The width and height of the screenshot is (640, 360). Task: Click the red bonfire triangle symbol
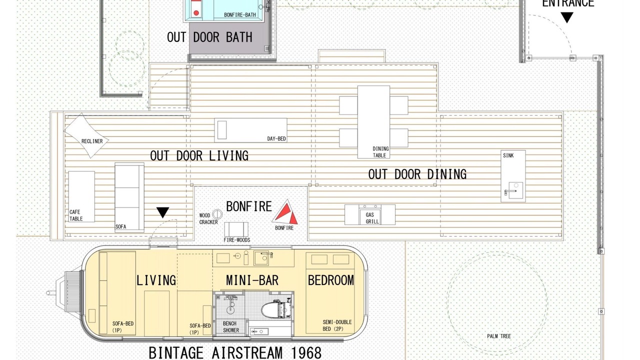(x=285, y=213)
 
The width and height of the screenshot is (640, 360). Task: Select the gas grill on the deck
(x=370, y=214)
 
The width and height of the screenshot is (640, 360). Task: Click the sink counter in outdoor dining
(x=513, y=176)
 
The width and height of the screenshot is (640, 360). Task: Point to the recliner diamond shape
(x=86, y=135)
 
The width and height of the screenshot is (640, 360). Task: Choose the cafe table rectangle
(x=81, y=196)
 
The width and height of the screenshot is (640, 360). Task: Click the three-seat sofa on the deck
(x=129, y=197)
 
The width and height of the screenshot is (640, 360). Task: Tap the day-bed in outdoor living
(x=250, y=130)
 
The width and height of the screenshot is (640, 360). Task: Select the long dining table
(x=373, y=122)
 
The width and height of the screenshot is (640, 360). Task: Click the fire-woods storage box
(x=236, y=229)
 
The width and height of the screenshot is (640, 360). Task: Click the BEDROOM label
(x=331, y=280)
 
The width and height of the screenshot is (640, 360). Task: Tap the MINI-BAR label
(x=252, y=280)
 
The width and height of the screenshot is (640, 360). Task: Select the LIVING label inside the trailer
(x=156, y=280)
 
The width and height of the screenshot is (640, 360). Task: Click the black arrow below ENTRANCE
(x=567, y=17)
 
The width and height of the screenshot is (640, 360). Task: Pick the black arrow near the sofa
(x=163, y=212)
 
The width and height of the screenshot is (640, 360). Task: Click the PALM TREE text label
(x=499, y=336)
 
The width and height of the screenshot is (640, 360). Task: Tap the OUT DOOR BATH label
(x=209, y=37)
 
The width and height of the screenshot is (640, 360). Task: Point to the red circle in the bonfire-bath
(x=196, y=13)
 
